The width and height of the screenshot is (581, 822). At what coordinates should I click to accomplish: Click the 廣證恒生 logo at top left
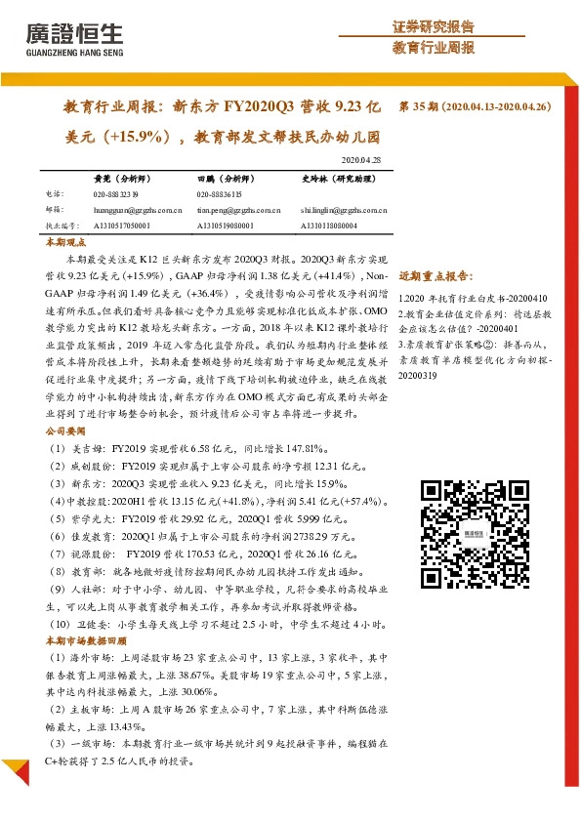tap(72, 36)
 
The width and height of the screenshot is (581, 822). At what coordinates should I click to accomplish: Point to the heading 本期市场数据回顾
tap(86, 640)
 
